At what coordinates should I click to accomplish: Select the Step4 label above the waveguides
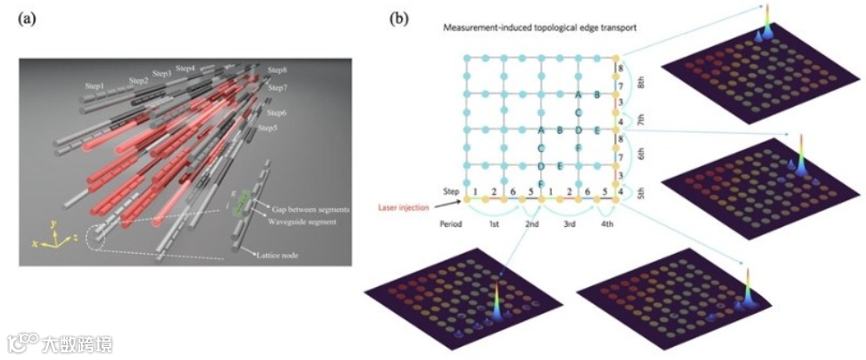coord(185,68)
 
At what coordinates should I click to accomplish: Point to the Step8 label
coord(277,70)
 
